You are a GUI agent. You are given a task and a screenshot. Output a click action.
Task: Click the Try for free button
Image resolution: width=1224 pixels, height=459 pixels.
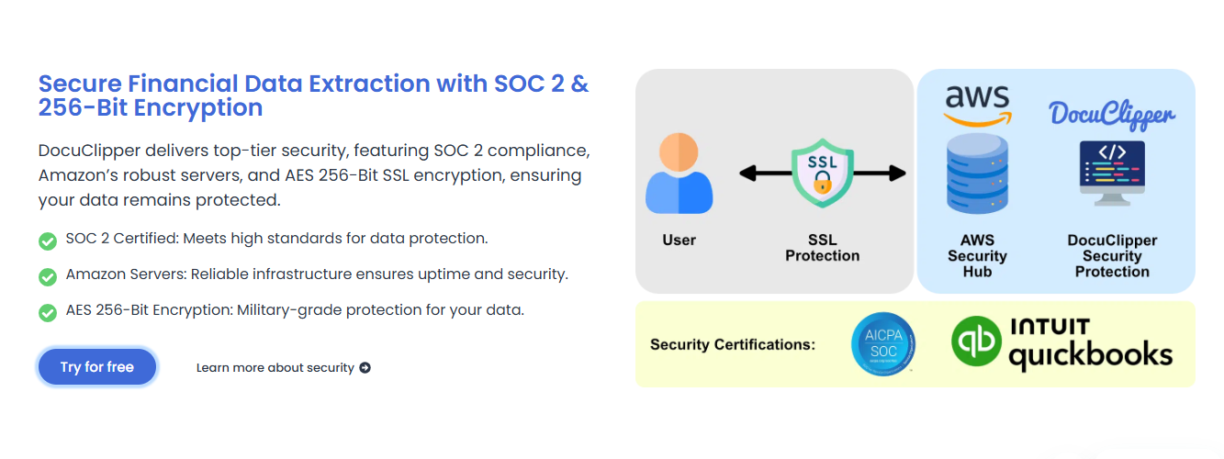(97, 366)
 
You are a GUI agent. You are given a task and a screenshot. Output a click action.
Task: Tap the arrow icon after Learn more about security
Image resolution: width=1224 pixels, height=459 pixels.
(365, 368)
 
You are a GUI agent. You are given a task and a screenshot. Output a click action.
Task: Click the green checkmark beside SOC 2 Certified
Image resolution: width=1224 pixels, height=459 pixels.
(48, 241)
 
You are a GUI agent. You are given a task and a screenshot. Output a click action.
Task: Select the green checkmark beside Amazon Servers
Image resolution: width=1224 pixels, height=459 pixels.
(48, 277)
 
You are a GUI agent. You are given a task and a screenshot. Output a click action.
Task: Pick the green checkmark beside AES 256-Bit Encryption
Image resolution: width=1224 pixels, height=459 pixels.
(48, 313)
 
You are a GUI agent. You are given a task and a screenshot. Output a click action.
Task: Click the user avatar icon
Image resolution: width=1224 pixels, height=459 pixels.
(679, 173)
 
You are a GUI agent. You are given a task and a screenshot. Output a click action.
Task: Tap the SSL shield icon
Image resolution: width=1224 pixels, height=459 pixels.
(823, 173)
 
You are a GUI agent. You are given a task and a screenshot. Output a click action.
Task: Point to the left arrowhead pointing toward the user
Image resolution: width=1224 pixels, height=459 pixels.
(748, 174)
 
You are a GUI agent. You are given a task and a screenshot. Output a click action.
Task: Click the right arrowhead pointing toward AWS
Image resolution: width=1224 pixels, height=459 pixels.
(897, 174)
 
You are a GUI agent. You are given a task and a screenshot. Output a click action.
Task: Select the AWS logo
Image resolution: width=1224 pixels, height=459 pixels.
(978, 106)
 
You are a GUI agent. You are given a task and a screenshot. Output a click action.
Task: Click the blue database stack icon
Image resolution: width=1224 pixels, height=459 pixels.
(978, 174)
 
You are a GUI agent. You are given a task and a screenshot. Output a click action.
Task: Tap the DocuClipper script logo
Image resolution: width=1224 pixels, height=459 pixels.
(1111, 115)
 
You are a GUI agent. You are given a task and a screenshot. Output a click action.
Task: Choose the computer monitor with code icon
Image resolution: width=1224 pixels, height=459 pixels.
(1113, 174)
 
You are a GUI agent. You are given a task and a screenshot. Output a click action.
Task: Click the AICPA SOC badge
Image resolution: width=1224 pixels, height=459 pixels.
(883, 343)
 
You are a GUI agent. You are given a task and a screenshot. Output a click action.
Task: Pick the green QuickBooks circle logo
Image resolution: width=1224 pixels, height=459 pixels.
(976, 341)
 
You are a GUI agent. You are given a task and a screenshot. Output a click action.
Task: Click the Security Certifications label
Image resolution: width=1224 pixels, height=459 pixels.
(733, 345)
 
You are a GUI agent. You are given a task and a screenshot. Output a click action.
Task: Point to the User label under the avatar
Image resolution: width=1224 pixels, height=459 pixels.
(679, 240)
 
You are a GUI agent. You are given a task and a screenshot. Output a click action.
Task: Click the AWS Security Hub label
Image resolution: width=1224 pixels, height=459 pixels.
(978, 256)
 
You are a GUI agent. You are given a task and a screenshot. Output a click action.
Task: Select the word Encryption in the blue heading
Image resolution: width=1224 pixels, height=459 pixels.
(198, 107)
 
